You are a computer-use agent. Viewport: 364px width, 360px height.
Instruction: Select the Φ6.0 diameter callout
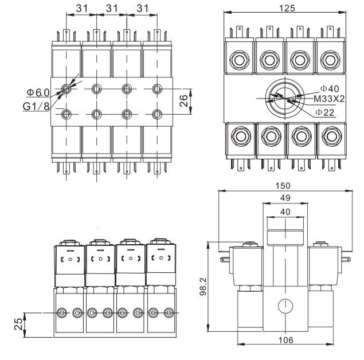click(38, 92)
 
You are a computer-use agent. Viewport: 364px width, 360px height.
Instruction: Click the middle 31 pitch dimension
click(112, 8)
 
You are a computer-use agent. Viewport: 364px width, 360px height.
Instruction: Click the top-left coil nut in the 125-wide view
click(237, 59)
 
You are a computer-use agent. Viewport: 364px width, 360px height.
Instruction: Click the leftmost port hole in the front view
click(62, 313)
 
